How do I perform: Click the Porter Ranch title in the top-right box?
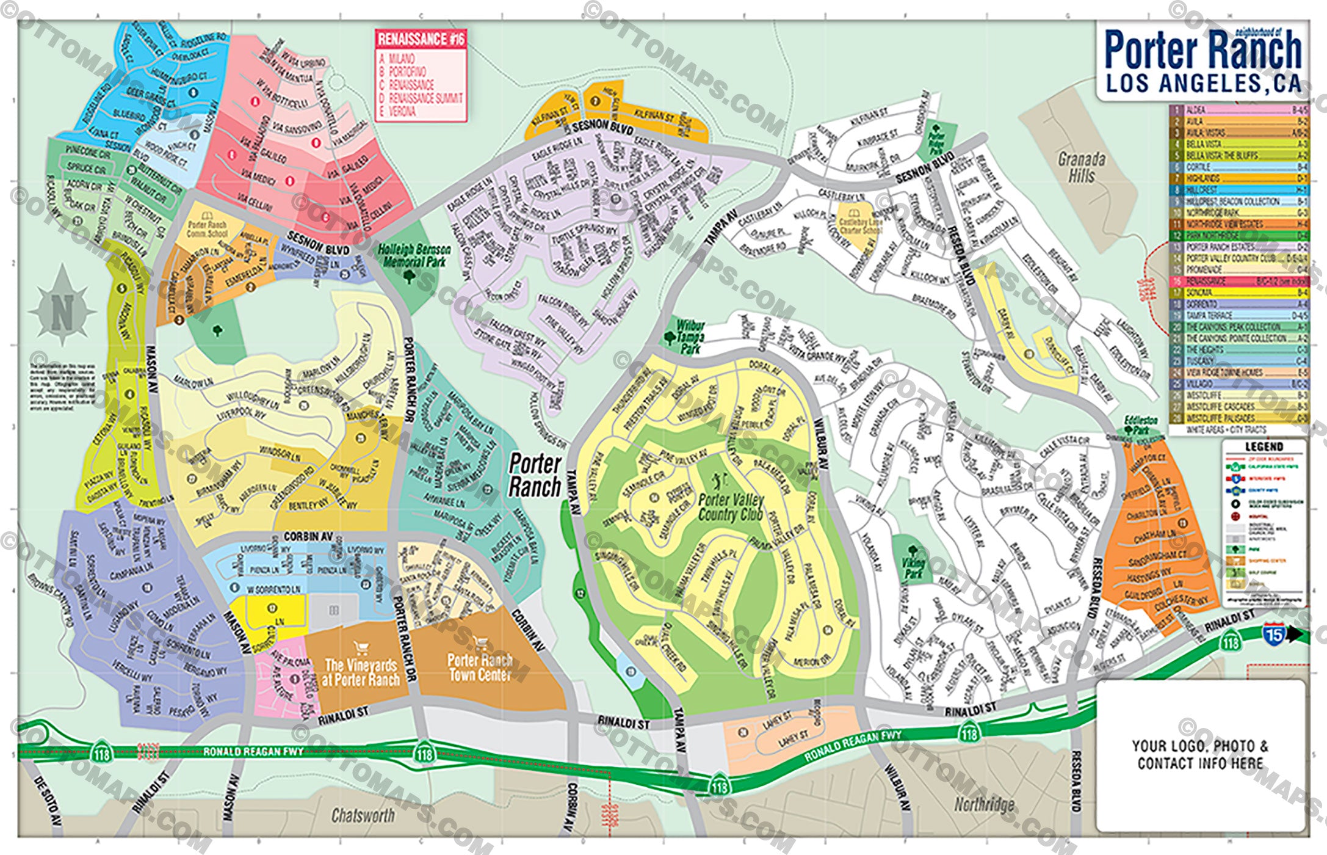[1202, 50]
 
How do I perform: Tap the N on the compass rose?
[62, 312]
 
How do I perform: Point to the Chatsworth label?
[363, 815]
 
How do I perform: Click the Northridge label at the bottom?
[984, 804]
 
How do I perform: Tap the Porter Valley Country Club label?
[731, 507]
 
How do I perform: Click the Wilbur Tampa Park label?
[690, 337]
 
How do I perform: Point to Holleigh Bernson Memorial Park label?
[414, 256]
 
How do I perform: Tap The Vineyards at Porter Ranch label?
[360, 672]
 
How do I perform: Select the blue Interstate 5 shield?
[1273, 635]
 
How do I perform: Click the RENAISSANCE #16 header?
[421, 40]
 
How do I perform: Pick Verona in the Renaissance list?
[402, 112]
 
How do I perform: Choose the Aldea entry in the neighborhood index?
[1196, 110]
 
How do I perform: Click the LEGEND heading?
[1264, 446]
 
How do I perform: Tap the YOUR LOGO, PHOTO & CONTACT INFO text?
[1200, 754]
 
